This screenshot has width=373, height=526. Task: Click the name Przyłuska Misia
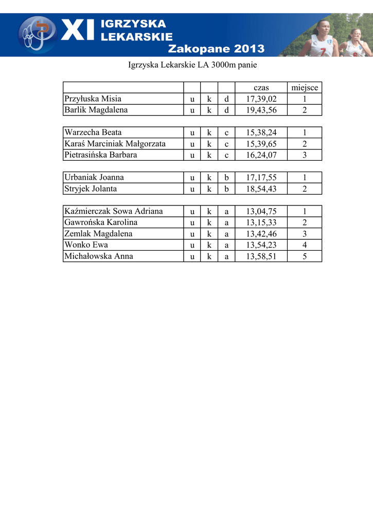tap(93, 99)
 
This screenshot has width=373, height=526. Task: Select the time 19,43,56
tap(261, 110)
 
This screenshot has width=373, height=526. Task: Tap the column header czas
tap(261, 88)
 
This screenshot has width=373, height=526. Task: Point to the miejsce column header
tap(305, 88)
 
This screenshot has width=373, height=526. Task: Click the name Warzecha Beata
tap(93, 133)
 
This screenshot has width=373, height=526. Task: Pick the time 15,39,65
tap(261, 144)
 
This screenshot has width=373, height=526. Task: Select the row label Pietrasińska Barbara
tap(101, 155)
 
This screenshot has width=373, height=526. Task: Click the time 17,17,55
tap(261, 178)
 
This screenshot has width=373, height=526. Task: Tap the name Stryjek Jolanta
tap(91, 189)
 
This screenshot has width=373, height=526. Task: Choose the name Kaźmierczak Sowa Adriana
tap(114, 211)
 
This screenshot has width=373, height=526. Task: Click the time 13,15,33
tap(261, 222)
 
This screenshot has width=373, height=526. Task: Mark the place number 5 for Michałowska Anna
tap(305, 256)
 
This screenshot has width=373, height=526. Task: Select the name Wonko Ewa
tap(86, 245)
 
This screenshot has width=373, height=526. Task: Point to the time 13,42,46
tap(261, 234)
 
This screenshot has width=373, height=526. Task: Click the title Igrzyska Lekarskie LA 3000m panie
tap(192, 65)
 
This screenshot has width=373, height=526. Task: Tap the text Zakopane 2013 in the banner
tap(217, 49)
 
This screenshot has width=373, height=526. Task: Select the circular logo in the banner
tap(37, 34)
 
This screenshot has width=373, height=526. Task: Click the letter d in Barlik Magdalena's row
tap(226, 110)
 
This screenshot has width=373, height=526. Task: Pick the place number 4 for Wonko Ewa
tap(305, 245)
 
